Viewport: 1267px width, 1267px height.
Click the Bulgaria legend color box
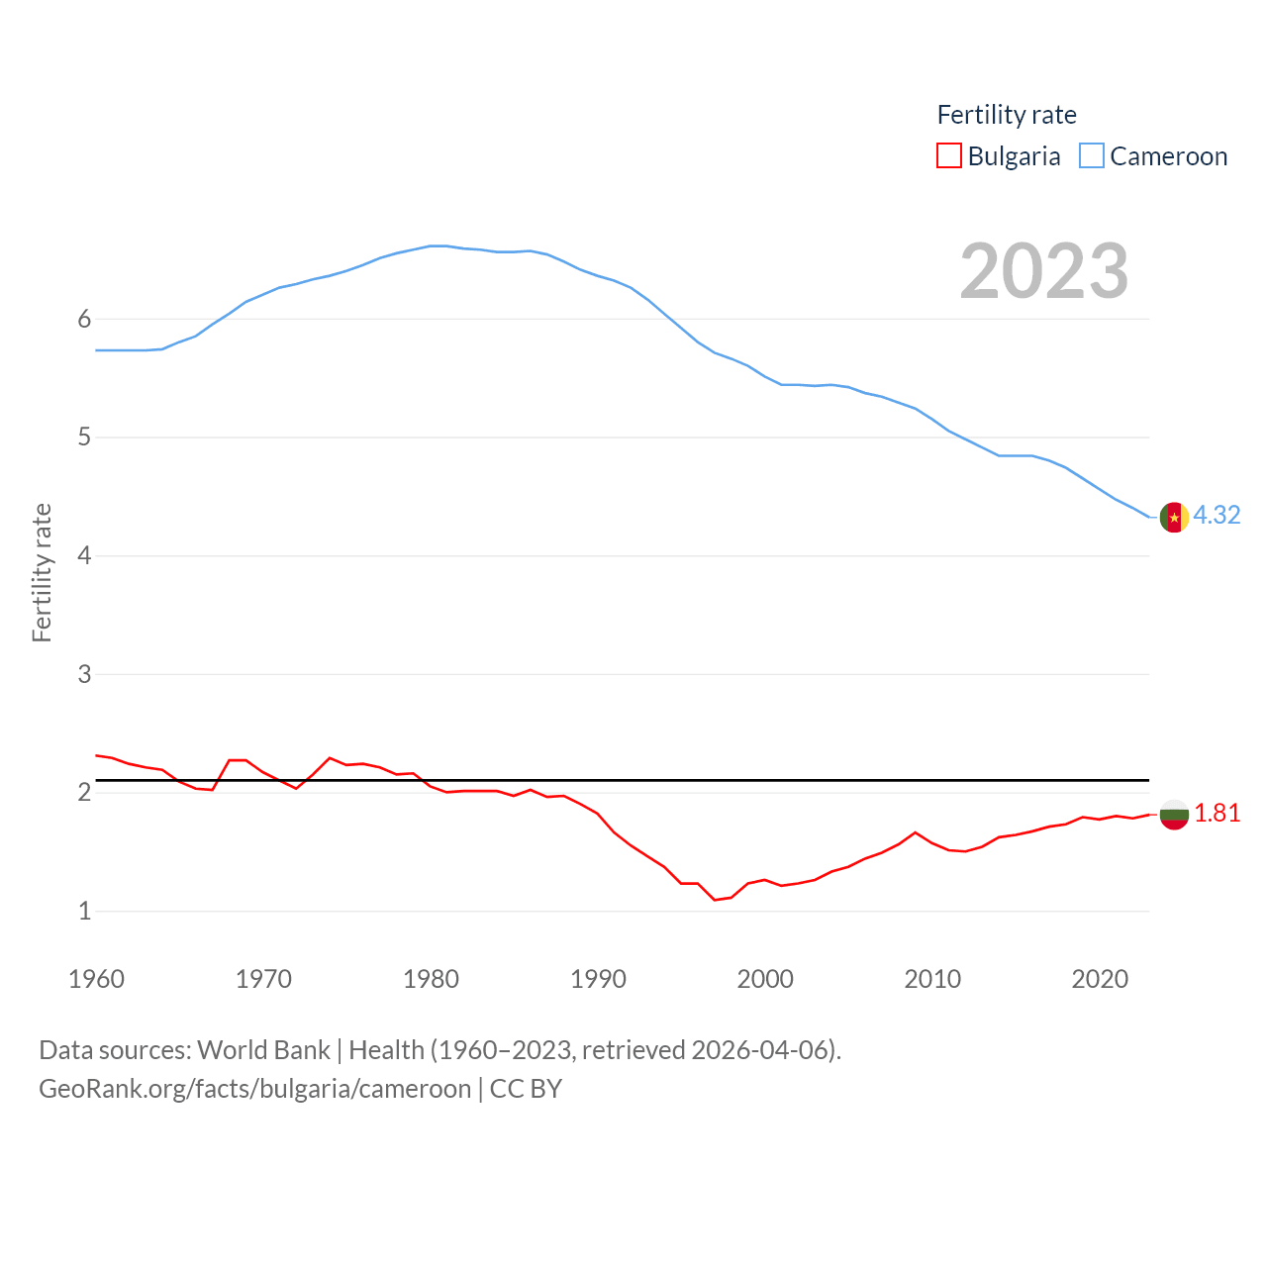pyautogui.click(x=948, y=155)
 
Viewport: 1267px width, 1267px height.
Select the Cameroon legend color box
pyautogui.click(x=1091, y=155)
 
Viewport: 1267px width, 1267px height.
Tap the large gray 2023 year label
pyautogui.click(x=1044, y=271)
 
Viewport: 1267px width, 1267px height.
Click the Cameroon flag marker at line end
pyautogui.click(x=1174, y=517)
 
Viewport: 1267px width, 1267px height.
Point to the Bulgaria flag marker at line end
pyautogui.click(x=1174, y=815)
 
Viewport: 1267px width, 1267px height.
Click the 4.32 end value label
pyautogui.click(x=1217, y=515)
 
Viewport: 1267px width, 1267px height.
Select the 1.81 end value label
pyautogui.click(x=1217, y=813)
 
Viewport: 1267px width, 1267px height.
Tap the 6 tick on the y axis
pyautogui.click(x=84, y=319)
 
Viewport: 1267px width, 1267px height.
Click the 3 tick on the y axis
pyautogui.click(x=84, y=674)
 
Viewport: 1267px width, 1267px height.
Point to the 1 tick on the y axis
pyautogui.click(x=84, y=911)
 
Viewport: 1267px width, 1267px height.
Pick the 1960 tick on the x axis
pyautogui.click(x=96, y=979)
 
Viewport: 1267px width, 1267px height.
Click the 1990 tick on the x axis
pyautogui.click(x=598, y=979)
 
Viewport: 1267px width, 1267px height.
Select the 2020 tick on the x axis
pyautogui.click(x=1100, y=979)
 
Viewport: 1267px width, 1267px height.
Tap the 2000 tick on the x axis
pyautogui.click(x=765, y=979)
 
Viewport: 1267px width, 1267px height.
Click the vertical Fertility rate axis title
pyautogui.click(x=42, y=573)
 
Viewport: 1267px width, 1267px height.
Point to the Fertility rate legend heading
pyautogui.click(x=1007, y=115)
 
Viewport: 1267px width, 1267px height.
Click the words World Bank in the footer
pyautogui.click(x=263, y=1049)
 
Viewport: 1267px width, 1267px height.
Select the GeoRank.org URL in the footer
pyautogui.click(x=254, y=1089)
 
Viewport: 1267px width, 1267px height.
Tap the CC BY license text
pyautogui.click(x=526, y=1089)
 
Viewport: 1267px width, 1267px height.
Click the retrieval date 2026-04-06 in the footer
pyautogui.click(x=762, y=1049)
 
